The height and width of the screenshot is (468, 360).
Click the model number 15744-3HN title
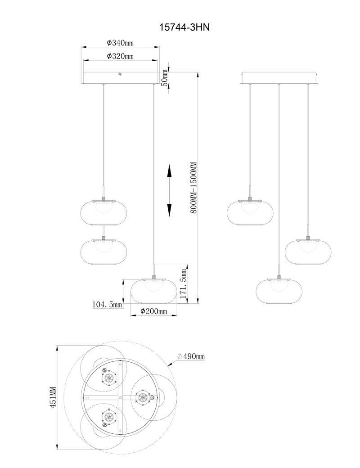click(x=184, y=27)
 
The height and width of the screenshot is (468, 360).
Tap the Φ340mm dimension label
click(x=120, y=43)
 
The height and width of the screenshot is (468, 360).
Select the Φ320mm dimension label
click(x=120, y=56)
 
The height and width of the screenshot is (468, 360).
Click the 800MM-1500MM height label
click(x=193, y=188)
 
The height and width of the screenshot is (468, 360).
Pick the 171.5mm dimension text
click(x=184, y=283)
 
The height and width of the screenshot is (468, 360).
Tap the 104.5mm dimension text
click(x=107, y=305)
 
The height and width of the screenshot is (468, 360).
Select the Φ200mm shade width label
click(x=154, y=311)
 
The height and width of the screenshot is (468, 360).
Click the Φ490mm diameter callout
click(x=191, y=356)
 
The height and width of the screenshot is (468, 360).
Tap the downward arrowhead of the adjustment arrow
click(x=169, y=210)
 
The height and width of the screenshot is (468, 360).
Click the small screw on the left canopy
click(x=120, y=74)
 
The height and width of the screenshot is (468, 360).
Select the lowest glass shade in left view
click(x=154, y=291)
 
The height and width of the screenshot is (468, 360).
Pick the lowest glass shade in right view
click(x=279, y=291)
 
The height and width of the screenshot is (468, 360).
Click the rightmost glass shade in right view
click(x=308, y=252)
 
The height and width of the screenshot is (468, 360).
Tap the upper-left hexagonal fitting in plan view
click(x=108, y=378)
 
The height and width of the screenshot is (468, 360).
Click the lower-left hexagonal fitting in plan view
click(x=108, y=417)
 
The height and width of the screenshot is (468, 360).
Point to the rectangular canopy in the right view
click(x=279, y=78)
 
